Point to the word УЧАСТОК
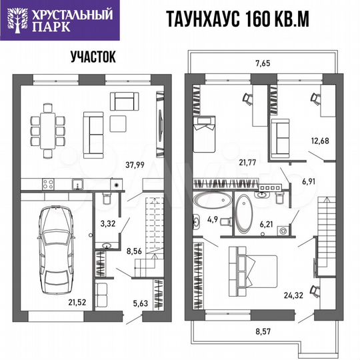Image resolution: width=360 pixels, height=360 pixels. (93, 57)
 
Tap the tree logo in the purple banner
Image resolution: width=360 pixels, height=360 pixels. (17, 18)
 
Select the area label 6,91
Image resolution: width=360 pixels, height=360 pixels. (309, 181)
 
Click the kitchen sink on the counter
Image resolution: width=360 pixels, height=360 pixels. (77, 183)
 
